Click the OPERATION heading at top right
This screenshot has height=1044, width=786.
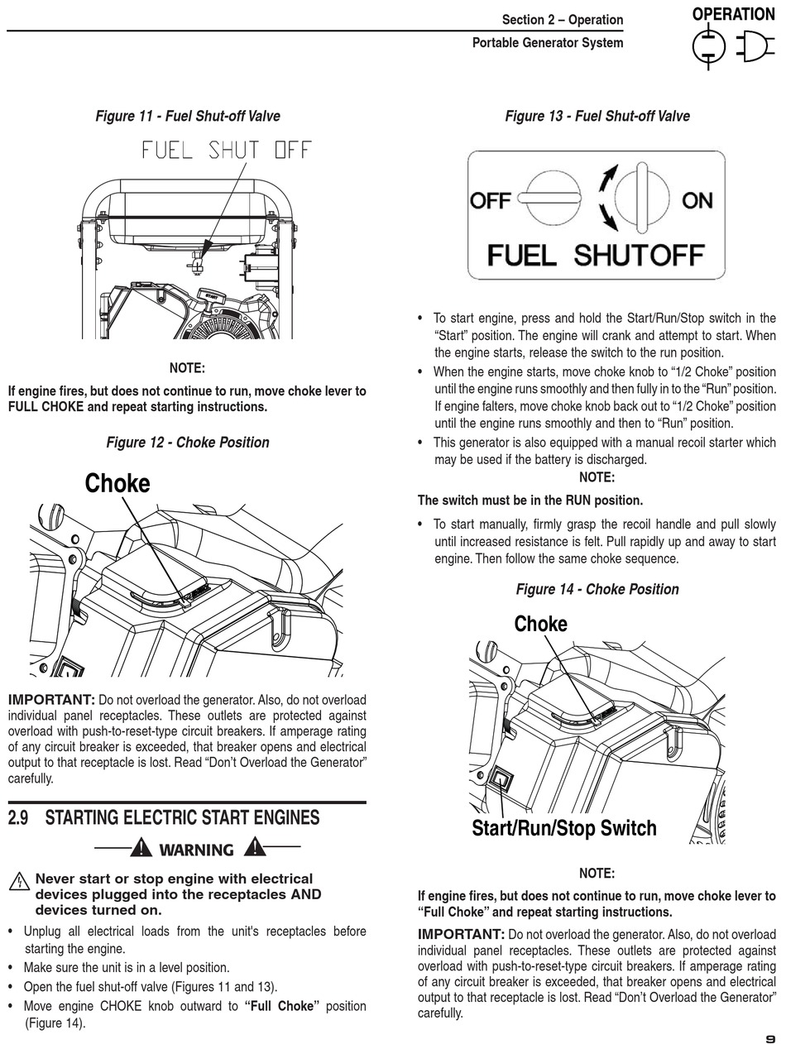[733, 14]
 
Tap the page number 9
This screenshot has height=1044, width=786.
[770, 1038]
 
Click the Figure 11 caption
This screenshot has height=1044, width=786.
[188, 117]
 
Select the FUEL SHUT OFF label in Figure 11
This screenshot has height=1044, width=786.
[227, 150]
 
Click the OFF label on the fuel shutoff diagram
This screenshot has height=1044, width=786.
[491, 200]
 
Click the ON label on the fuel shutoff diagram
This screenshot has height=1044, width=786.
[697, 200]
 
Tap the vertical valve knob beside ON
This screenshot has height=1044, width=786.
[641, 199]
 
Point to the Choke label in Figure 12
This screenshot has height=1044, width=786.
[117, 483]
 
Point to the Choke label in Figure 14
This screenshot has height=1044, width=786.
[541, 624]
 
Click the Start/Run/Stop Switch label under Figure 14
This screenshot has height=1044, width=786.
[564, 828]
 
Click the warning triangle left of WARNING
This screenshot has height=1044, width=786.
[141, 848]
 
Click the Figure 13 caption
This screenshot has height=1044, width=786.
[597, 117]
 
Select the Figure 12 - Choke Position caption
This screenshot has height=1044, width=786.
[188, 443]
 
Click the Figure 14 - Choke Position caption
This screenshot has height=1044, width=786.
[597, 589]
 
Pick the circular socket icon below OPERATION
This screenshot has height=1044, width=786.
[708, 46]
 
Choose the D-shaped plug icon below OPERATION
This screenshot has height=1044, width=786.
[755, 46]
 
